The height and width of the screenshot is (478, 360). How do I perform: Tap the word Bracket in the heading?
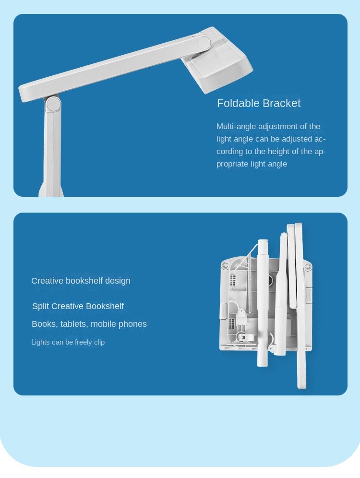tap(281, 103)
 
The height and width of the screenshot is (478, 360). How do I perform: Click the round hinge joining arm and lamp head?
tap(204, 43)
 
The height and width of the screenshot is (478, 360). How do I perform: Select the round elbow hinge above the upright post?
tap(53, 104)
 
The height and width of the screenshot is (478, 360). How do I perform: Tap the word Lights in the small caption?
tap(40, 342)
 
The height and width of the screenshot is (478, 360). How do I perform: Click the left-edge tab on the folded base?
tap(223, 311)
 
